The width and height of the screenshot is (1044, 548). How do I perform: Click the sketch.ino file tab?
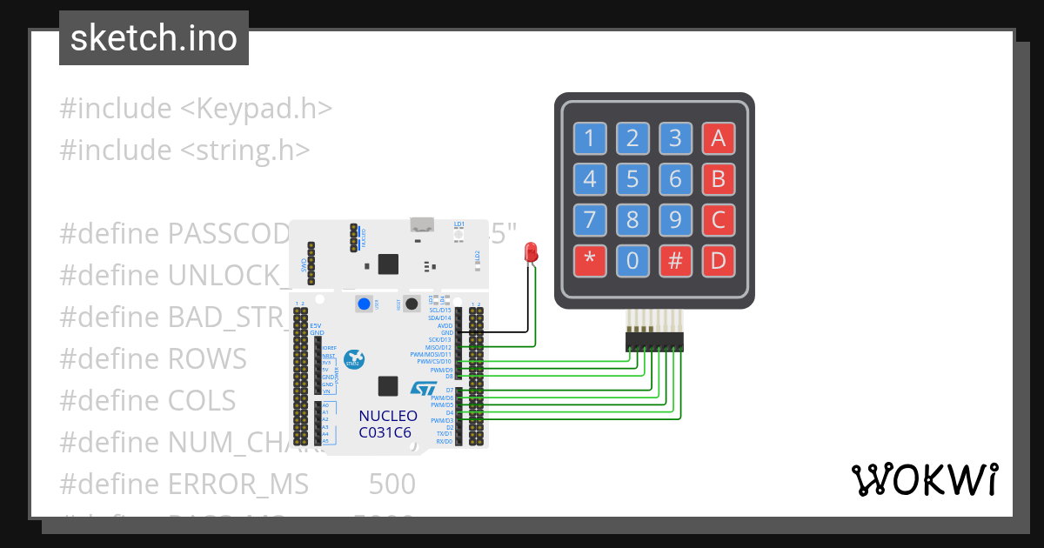pyautogui.click(x=154, y=38)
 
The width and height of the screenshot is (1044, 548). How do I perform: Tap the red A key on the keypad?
pyautogui.click(x=718, y=137)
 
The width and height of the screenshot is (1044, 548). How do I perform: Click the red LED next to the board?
pyautogui.click(x=531, y=253)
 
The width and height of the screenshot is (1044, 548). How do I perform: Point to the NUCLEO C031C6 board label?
pyautogui.click(x=388, y=424)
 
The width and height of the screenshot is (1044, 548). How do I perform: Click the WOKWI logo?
pyautogui.click(x=924, y=479)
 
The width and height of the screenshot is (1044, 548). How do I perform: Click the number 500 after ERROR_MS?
pyautogui.click(x=391, y=484)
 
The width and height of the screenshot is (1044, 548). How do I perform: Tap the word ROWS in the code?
pyautogui.click(x=207, y=358)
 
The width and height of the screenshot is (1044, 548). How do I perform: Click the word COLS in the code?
pyautogui.click(x=202, y=400)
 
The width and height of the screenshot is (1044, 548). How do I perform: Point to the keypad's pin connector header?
pyautogui.click(x=654, y=342)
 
